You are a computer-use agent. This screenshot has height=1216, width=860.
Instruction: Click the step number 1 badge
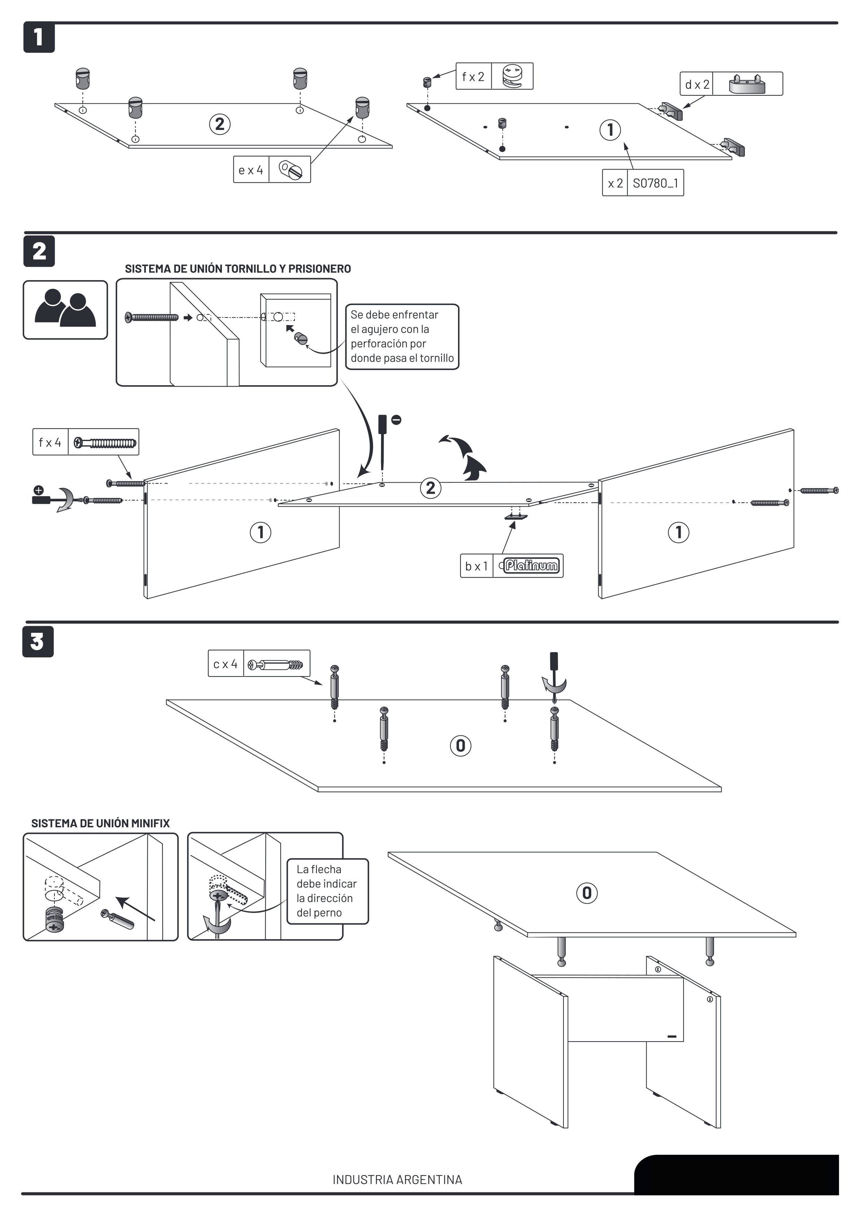tap(38, 37)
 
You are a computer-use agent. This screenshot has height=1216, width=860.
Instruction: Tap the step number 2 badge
tap(38, 251)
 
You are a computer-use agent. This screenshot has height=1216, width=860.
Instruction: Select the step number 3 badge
tap(37, 641)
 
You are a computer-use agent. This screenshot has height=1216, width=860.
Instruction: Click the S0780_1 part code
tap(655, 183)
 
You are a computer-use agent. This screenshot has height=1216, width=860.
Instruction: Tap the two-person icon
tap(65, 310)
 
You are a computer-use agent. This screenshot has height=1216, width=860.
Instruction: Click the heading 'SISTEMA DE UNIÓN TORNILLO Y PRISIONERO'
tap(238, 268)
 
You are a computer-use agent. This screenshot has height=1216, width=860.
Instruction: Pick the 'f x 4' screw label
tap(50, 442)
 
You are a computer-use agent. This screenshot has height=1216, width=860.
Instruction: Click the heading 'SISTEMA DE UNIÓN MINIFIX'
tap(101, 823)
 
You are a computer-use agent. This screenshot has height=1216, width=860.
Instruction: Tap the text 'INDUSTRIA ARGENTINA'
tap(397, 1180)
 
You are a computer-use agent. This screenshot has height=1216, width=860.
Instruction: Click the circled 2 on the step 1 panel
tap(220, 124)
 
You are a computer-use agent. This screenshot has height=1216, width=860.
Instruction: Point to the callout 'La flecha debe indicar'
tap(327, 891)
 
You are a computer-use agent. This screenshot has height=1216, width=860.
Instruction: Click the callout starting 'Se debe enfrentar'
tap(402, 336)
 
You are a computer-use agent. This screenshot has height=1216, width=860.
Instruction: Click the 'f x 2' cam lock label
tap(473, 77)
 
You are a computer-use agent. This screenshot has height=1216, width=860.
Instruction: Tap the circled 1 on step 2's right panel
tap(678, 532)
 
